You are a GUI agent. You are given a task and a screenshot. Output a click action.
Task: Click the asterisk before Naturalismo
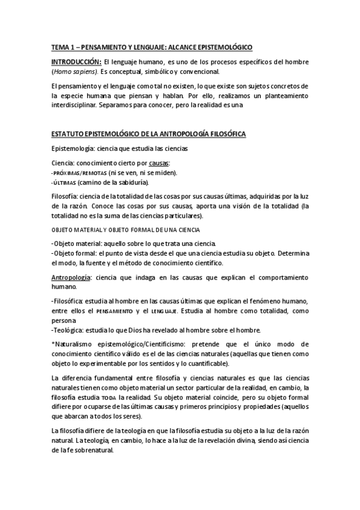click(53, 345)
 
